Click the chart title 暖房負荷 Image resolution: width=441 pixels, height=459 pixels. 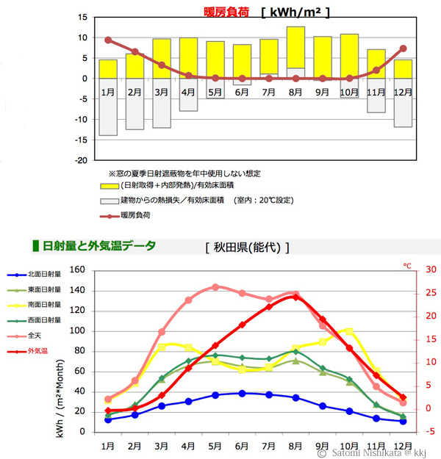[226, 12]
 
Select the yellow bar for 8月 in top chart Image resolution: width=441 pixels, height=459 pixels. [295, 47]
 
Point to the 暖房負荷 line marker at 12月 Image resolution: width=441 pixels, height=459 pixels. [403, 48]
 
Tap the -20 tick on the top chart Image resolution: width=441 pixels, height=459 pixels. [82, 160]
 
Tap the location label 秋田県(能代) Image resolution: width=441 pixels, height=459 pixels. [247, 247]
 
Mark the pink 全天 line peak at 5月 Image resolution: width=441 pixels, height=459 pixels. [216, 286]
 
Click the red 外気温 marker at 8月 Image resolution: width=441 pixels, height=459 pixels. [295, 297]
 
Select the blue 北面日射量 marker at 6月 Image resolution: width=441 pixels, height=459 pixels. [243, 393]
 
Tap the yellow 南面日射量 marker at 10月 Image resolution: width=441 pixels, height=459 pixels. [349, 330]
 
